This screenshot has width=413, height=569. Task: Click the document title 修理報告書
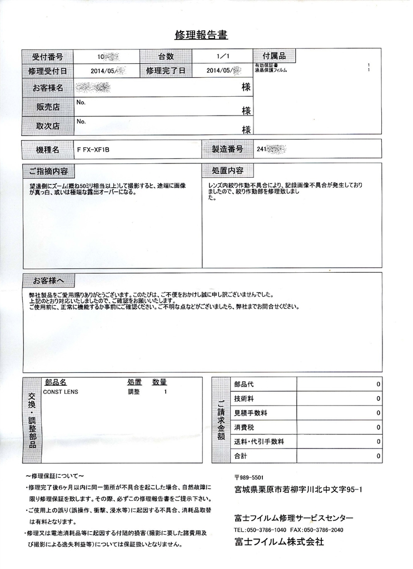coord(201,35)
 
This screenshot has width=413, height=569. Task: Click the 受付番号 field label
coord(47,57)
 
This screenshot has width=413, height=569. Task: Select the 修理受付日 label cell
coord(47,71)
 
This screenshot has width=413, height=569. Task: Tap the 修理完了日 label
coord(166,71)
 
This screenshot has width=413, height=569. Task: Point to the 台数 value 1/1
coord(221,57)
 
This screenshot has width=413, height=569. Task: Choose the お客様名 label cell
coord(47,88)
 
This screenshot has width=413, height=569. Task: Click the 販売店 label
coord(47,107)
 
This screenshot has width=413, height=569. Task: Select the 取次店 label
coord(47,126)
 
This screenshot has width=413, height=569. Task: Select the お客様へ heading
coord(49,279)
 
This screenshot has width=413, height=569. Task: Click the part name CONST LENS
coord(61,392)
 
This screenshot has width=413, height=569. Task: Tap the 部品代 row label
coord(243,385)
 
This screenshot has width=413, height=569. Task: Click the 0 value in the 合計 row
coord(378,456)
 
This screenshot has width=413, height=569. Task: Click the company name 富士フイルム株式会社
coord(278,542)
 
